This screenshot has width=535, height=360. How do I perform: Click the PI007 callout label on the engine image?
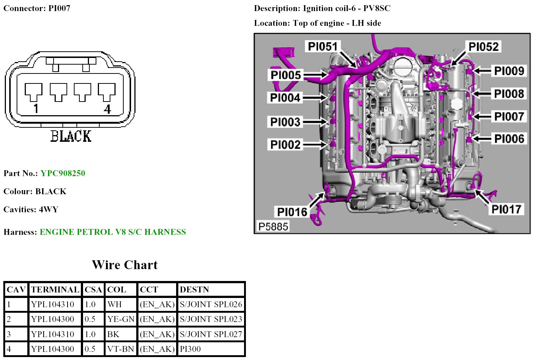point(509,116)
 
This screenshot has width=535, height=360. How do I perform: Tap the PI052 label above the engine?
point(483,47)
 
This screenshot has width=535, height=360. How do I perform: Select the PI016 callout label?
point(292,212)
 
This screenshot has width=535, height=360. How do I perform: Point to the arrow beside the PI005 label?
point(315,75)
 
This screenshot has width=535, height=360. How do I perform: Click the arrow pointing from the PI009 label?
point(482,71)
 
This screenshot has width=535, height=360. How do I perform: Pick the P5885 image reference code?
point(273,226)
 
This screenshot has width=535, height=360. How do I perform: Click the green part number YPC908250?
point(63,173)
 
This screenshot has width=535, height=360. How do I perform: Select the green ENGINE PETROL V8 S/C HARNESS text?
point(113,232)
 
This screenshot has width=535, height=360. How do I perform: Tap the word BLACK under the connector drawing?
point(71,136)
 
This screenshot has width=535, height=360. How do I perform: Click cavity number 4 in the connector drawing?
point(107,109)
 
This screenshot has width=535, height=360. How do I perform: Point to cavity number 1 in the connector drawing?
point(36,109)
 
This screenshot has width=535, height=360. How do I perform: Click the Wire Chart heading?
point(125,265)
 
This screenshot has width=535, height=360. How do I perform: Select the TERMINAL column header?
point(55,289)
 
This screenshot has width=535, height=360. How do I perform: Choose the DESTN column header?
point(194,289)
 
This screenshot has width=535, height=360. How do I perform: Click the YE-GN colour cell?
point(121,319)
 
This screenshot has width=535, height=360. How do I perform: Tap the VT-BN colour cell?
point(120,349)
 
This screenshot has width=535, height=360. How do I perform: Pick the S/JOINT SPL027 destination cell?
point(211,334)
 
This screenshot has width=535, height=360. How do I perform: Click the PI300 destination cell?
point(190,349)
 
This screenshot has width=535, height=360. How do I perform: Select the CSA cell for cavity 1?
point(90,304)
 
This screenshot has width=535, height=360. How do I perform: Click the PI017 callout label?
point(506,209)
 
